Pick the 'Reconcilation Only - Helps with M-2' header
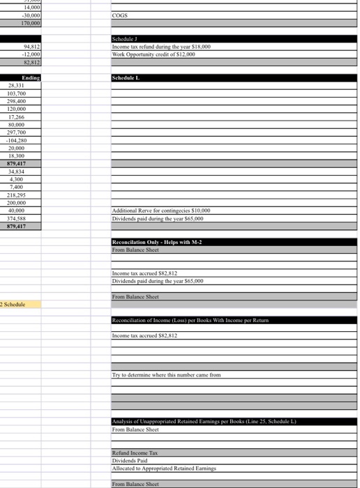(x=157, y=242)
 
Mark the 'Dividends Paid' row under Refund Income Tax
(x=129, y=461)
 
